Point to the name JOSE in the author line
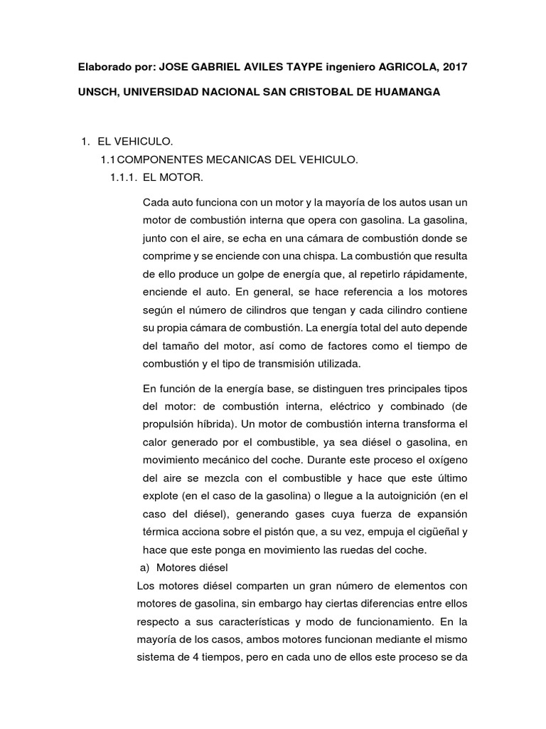(x=173, y=67)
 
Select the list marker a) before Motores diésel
(x=144, y=568)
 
